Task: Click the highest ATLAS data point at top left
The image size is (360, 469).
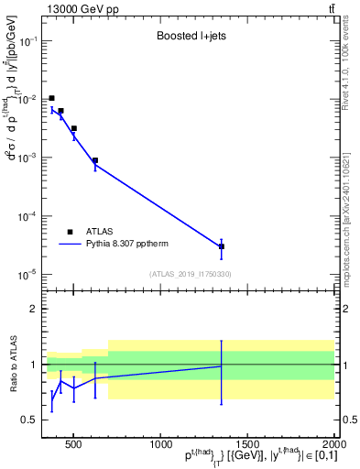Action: tap(52, 98)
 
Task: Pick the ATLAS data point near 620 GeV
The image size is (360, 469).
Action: tap(94, 160)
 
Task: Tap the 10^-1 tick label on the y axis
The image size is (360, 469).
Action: tap(27, 41)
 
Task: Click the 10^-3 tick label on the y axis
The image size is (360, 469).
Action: tap(27, 158)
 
